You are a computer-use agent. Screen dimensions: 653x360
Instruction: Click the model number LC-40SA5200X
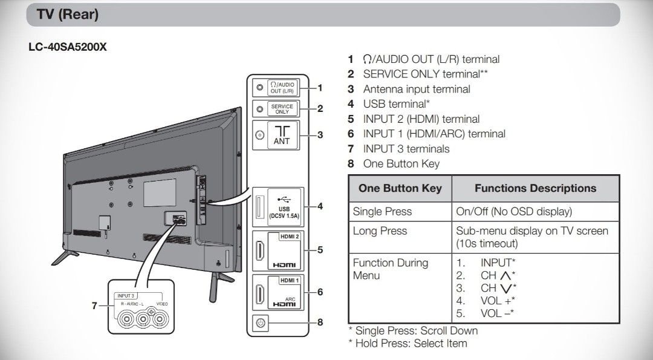pos(68,47)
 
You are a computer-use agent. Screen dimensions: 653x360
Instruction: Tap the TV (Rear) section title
pos(68,14)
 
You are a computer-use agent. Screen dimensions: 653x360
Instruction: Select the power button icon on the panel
pos(260,323)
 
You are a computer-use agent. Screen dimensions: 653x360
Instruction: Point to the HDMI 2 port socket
pos(260,250)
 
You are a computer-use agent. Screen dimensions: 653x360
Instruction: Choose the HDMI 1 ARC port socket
pos(260,294)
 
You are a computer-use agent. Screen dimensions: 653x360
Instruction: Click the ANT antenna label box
pos(282,135)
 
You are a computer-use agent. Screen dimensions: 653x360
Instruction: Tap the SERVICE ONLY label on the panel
pos(282,109)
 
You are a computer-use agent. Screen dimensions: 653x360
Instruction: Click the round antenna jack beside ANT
pos(260,135)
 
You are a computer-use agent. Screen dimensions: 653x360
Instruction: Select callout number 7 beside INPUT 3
pos(94,306)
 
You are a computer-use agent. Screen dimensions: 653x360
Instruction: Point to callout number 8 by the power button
pos(320,322)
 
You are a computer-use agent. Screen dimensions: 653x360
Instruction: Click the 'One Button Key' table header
pos(400,188)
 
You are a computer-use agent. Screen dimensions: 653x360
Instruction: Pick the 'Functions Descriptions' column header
pos(536,188)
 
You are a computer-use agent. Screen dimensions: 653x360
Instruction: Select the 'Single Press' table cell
pos(382,212)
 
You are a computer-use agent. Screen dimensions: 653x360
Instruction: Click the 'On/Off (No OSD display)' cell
pos(514,212)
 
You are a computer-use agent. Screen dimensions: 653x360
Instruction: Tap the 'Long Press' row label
pos(380,231)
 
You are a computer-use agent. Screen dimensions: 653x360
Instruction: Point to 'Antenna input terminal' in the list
pos(417,89)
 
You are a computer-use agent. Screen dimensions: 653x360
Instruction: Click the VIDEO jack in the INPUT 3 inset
pos(160,319)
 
